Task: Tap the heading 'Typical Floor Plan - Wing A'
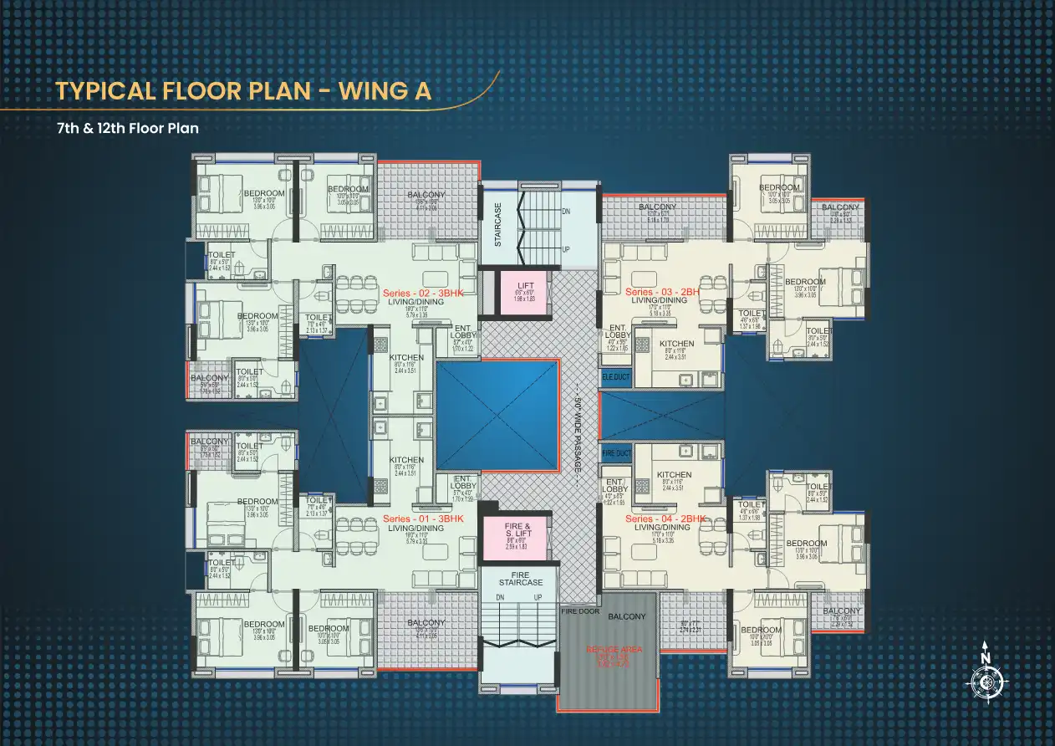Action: (243, 90)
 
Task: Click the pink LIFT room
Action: (525, 292)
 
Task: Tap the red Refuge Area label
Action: (608, 649)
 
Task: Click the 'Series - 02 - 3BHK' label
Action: (422, 294)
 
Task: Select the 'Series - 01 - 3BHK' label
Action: (422, 519)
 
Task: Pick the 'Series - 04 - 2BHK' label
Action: (665, 519)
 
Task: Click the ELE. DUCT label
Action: (617, 377)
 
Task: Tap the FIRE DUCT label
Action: (617, 453)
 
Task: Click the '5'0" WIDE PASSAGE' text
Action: (578, 436)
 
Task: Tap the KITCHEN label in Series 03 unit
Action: (676, 344)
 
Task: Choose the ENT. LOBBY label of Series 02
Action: (464, 332)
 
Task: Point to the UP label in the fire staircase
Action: (538, 597)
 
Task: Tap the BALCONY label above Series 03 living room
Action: (658, 207)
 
